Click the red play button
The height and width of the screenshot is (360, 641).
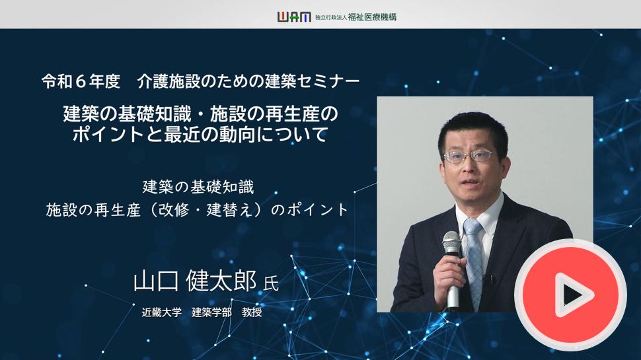(x=571, y=295)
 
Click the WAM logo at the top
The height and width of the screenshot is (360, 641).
(x=294, y=17)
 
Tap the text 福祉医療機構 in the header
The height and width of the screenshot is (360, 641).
(x=372, y=17)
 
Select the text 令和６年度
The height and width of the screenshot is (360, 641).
(x=81, y=81)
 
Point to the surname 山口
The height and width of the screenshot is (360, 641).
(x=156, y=281)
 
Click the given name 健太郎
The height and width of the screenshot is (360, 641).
(x=221, y=281)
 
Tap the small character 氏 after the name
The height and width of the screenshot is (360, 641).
(x=271, y=283)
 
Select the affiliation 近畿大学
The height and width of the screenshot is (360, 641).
(x=161, y=312)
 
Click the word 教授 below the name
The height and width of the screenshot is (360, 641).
(x=252, y=312)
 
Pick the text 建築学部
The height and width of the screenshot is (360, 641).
(x=211, y=312)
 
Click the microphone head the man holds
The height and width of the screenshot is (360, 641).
(x=451, y=242)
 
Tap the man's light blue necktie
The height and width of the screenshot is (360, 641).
(x=474, y=262)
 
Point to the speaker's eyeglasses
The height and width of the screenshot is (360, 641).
(x=469, y=157)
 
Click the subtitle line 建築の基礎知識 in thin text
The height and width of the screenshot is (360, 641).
(x=198, y=187)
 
